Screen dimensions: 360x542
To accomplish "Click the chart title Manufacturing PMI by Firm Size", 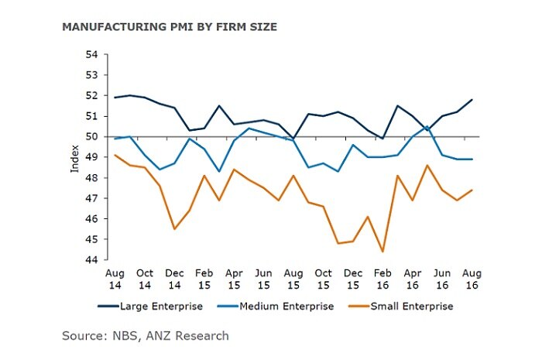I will (x=169, y=27).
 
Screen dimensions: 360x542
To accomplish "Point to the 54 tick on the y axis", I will (x=91, y=55).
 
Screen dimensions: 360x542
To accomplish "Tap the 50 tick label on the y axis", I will (x=91, y=137).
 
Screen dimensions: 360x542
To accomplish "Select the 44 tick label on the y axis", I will (x=91, y=260).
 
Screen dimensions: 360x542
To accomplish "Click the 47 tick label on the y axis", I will (x=91, y=198).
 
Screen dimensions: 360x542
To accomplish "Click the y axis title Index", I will (x=75, y=157).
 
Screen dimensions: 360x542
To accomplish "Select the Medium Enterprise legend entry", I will (x=282, y=307).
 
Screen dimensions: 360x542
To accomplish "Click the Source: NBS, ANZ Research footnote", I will (x=146, y=335).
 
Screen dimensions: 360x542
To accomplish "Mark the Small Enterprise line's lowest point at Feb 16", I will (x=382, y=251).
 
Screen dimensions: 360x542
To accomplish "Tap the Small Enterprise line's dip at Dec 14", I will (x=174, y=228).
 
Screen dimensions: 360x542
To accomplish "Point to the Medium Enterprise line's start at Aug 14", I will (x=115, y=139).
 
